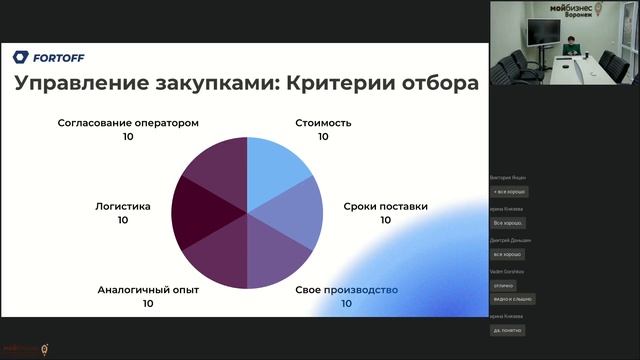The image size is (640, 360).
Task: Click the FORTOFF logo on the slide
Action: [49, 57]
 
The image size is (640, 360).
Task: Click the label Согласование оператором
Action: [128, 123]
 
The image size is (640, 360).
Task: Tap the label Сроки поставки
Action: [385, 206]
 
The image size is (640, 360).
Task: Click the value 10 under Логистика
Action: [123, 220]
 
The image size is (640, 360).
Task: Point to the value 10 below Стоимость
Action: [323, 137]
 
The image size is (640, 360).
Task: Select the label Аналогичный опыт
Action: [148, 290]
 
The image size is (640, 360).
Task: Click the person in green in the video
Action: [569, 45]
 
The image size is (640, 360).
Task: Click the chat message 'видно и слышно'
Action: [514, 298]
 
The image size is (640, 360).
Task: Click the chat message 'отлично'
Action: [504, 285]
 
